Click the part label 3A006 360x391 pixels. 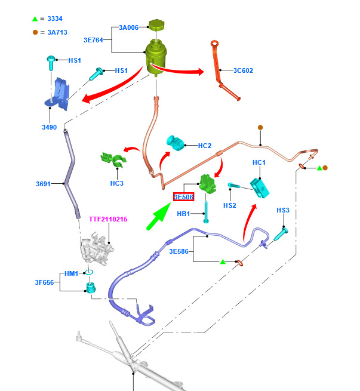[128, 27]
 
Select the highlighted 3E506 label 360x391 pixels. [183, 197]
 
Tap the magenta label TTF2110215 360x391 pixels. [108, 219]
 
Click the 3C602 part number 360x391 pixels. [243, 70]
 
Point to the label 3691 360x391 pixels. [43, 184]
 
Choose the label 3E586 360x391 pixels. [179, 251]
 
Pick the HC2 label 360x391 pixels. [205, 146]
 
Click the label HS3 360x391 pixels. [283, 210]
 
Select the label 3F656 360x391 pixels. [44, 282]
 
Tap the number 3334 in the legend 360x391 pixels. [55, 19]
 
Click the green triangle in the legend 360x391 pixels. [35, 19]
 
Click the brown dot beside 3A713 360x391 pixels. [35, 32]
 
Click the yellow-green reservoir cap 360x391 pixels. [156, 25]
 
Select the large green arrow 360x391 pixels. [159, 216]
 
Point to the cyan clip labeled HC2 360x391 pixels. [176, 143]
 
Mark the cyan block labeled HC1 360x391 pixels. [260, 188]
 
